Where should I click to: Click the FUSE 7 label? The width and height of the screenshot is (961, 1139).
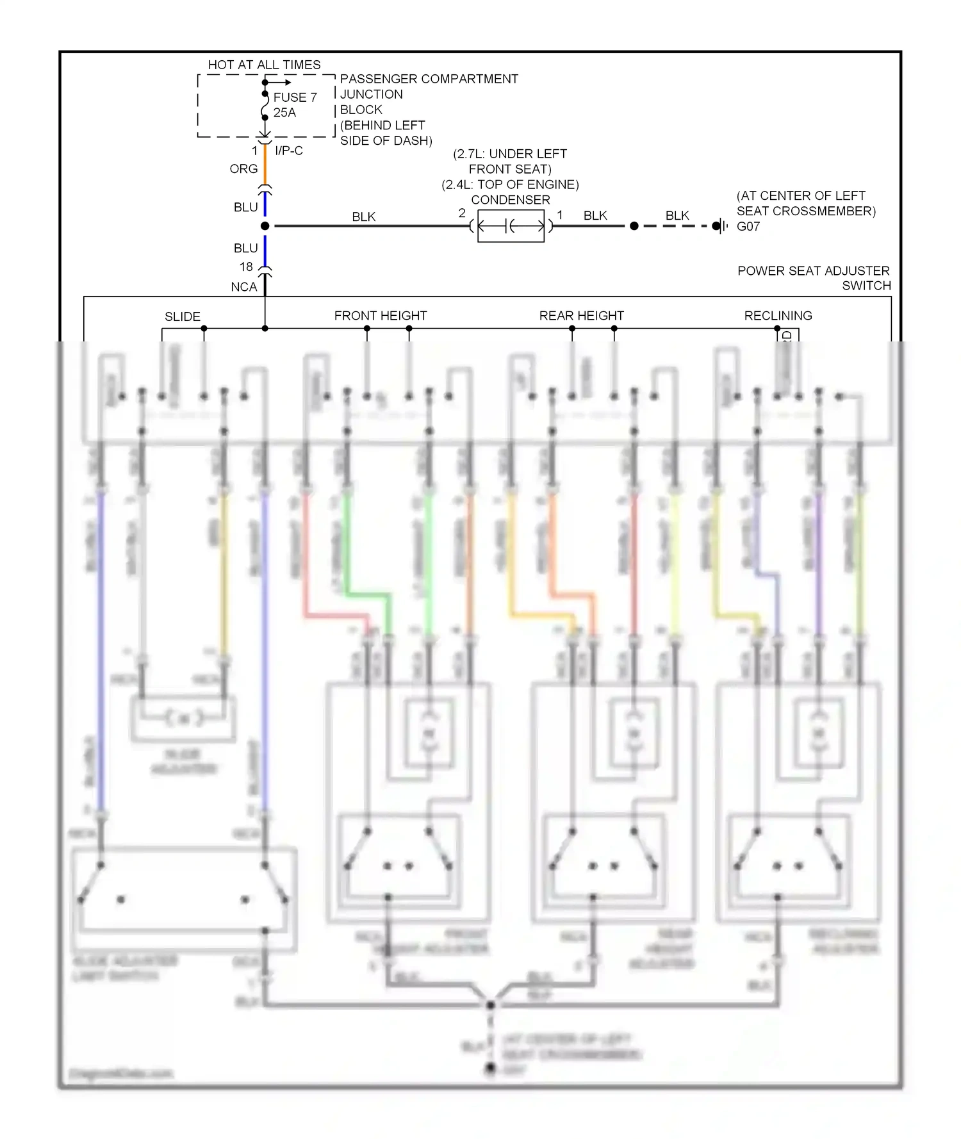point(295,97)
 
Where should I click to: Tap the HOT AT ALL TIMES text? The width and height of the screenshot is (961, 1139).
point(264,65)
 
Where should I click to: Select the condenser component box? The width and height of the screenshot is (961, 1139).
point(511,225)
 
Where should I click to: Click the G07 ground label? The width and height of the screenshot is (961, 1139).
point(748,226)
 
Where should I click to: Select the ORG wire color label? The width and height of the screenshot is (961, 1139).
point(243,168)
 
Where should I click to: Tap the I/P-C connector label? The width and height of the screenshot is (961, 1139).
point(288,151)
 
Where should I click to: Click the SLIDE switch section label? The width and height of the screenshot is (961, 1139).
point(182,316)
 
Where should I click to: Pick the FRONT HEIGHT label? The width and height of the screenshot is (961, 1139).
point(380,316)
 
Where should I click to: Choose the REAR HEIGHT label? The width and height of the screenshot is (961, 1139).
point(581,316)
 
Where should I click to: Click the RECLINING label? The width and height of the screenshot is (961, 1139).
point(778,316)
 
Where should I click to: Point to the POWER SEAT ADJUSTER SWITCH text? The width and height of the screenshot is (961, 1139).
point(814,277)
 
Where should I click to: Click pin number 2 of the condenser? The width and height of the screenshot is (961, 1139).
point(462,213)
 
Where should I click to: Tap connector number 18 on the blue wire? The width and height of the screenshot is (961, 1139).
point(246,266)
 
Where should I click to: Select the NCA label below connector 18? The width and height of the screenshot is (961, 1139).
point(243,287)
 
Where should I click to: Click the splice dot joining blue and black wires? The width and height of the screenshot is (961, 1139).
point(265,226)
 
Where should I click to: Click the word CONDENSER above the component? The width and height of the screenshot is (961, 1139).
point(510,200)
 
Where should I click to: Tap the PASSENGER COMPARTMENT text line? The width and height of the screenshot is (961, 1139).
point(429,79)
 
